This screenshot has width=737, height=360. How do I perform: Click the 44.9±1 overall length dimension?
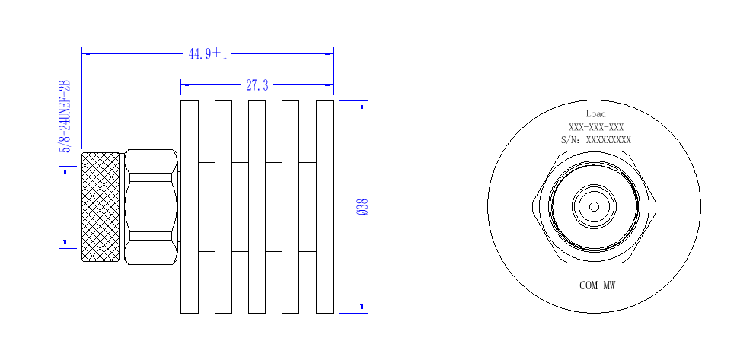coord(208,54)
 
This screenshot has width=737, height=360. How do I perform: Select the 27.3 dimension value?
coord(257,85)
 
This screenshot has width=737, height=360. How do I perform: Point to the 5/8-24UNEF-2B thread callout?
coord(65,116)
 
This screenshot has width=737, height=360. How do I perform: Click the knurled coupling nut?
coord(100,207)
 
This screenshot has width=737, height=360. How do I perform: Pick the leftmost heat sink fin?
coord(190,207)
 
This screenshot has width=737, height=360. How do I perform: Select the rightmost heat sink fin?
coord(325,207)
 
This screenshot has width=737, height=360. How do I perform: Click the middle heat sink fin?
coord(257,207)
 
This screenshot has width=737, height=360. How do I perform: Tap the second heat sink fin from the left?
coord(223,207)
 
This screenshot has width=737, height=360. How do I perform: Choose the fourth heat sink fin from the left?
coord(291,207)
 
